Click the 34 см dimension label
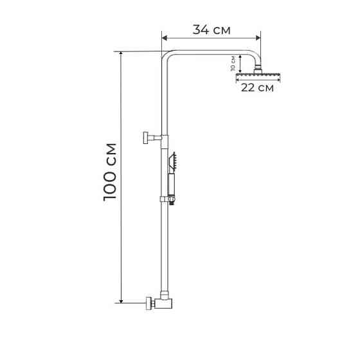(212, 30)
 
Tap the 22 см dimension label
(257, 88)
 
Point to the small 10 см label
(233, 63)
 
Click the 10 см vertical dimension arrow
(240, 63)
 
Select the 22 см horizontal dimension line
(258, 81)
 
